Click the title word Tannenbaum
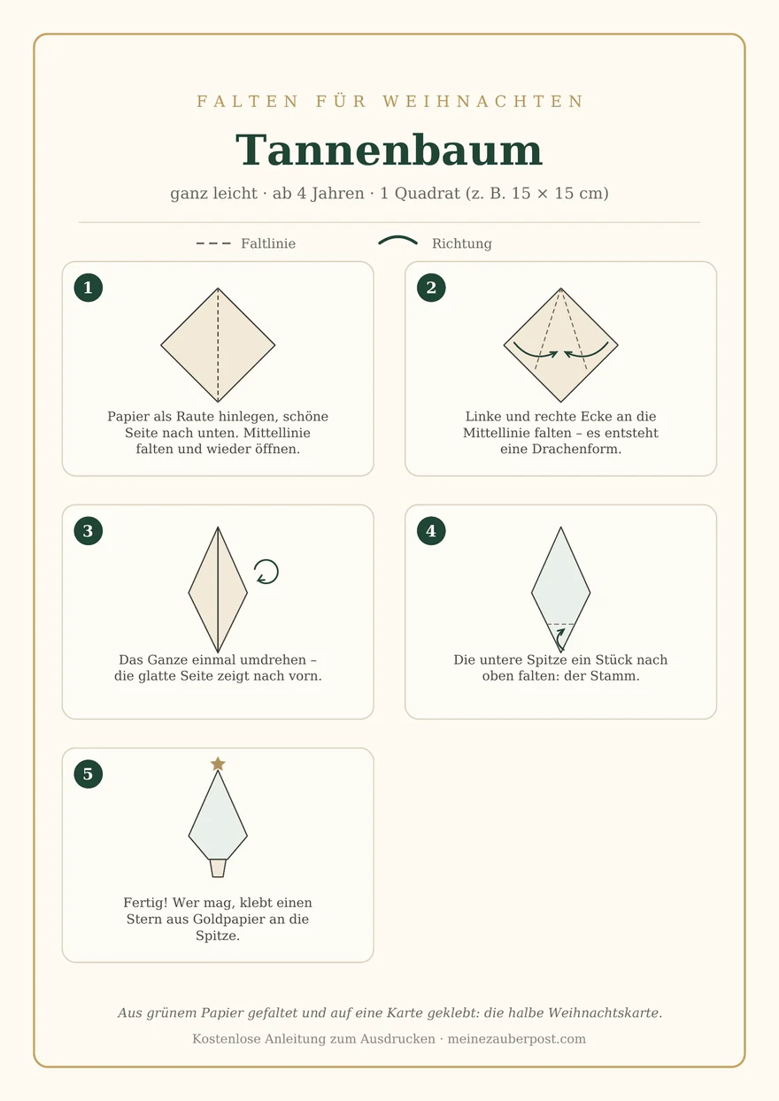(x=389, y=150)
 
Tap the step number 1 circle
(x=89, y=288)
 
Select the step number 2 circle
(x=431, y=288)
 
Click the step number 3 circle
(x=89, y=531)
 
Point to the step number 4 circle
(x=431, y=531)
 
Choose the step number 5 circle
(x=89, y=774)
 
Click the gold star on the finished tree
(x=218, y=764)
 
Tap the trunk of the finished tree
(x=218, y=868)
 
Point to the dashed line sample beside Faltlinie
(x=213, y=243)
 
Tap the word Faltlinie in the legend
(x=268, y=243)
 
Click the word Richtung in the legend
(x=461, y=243)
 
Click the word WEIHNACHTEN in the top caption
(x=483, y=101)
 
